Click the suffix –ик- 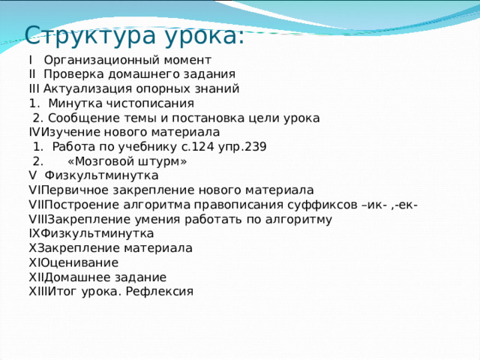(x=375, y=205)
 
